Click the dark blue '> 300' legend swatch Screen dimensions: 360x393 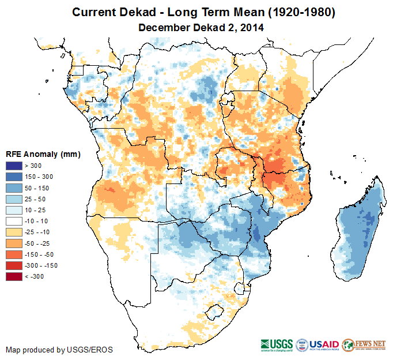coord(13,166)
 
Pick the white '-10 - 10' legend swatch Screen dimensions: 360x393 coord(13,222)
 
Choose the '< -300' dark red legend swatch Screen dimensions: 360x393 coord(13,277)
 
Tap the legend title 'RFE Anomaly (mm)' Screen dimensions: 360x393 coord(43,155)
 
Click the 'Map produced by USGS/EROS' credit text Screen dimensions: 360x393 coord(59,350)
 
